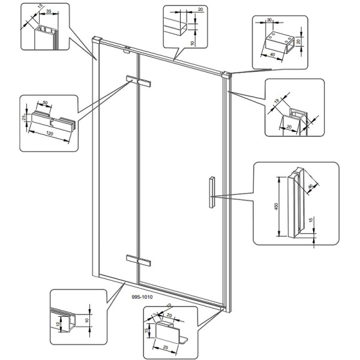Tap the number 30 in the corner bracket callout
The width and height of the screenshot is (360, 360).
[x=270, y=19]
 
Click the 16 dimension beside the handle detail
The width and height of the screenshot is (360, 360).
[x=310, y=221]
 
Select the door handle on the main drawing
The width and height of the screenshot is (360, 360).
[x=211, y=192]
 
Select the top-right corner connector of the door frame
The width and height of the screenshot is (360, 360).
[x=227, y=76]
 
